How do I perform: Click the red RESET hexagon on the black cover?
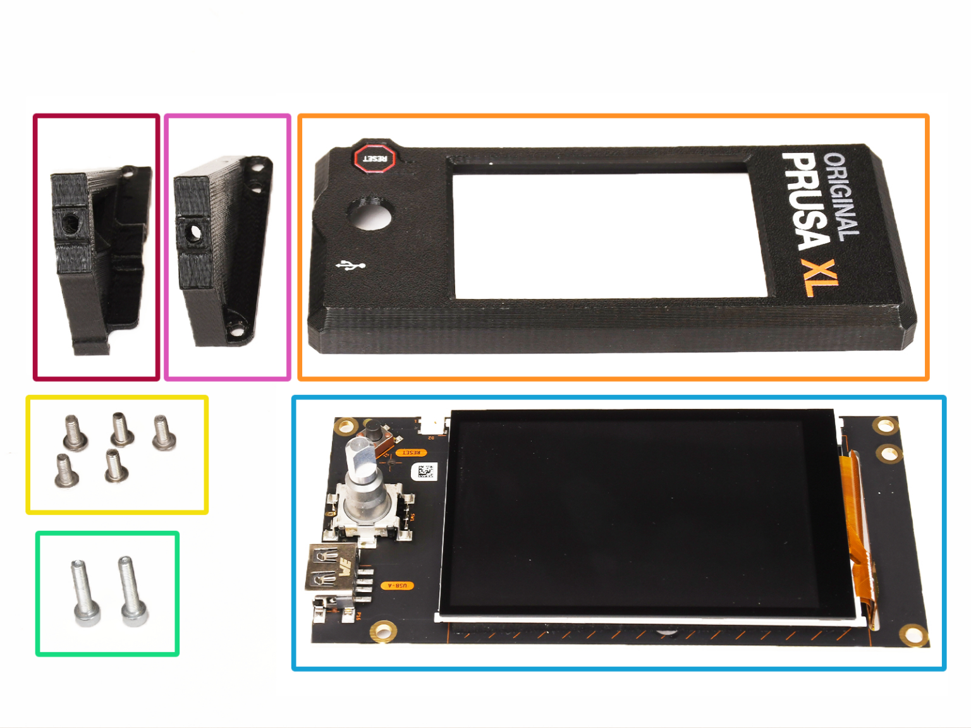coord(374,157)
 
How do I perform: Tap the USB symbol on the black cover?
coord(350,265)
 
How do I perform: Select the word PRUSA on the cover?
coord(805,201)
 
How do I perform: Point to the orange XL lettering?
coord(819,277)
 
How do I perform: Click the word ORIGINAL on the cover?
coord(842,196)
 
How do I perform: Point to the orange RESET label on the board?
coord(411,452)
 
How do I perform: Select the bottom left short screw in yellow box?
coord(65,471)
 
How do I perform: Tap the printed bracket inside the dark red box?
coord(98,253)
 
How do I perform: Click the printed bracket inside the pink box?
coord(221,250)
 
